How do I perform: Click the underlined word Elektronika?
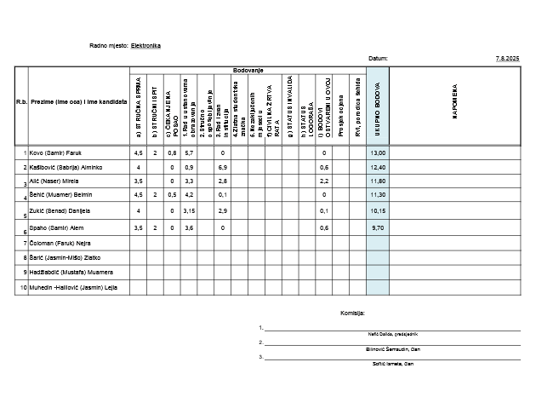pos(145,45)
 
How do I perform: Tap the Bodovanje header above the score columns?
pos(248,70)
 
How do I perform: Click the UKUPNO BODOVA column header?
pos(377,106)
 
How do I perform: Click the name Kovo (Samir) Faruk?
pos(55,152)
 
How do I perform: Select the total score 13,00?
pos(378,152)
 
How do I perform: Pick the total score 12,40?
pos(378,167)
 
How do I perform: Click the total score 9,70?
pos(378,228)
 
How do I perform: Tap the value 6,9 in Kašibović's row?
pos(222,167)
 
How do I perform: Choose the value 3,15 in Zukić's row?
pos(190,210)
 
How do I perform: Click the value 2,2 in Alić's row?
pos(324,181)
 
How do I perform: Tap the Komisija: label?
pos(352,313)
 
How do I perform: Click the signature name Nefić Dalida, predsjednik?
pos(391,334)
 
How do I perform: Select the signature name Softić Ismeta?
pos(391,364)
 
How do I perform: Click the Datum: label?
pos(378,58)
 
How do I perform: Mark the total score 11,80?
pos(378,181)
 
